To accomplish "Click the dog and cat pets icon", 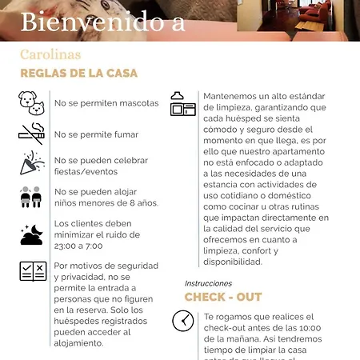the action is pos(31,102).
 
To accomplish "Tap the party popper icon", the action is pos(31,164).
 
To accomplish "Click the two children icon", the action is pos(31,197).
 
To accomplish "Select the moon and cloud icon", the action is pos(31,234).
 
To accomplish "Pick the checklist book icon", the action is pos(31,271).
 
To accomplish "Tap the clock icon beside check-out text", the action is pos(183,321).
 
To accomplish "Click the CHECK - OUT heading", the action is pos(223,297).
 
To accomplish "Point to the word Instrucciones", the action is pos(208,283).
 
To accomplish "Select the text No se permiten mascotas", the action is pos(106,103).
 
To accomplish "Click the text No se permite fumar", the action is pos(96,134).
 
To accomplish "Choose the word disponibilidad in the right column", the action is pos(238,261).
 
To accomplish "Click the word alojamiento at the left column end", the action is pos(78,342).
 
